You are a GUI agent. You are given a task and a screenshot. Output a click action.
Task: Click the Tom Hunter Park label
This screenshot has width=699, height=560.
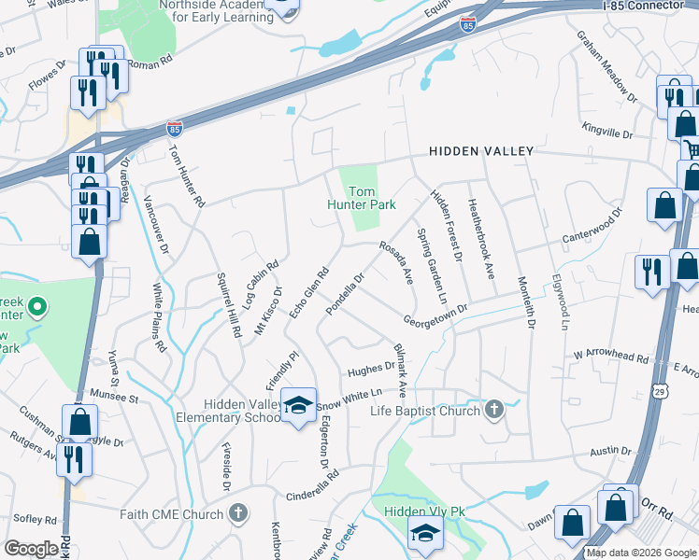coord(362,197)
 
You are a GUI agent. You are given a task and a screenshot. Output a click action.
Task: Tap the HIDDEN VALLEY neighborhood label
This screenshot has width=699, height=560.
coord(481,151)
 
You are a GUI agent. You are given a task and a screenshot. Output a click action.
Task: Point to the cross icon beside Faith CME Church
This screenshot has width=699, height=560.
coord(239,512)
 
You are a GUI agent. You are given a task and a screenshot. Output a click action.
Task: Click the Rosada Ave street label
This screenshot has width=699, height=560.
coord(395,261)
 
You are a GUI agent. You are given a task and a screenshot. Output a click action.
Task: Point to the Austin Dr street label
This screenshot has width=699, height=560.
coord(612,451)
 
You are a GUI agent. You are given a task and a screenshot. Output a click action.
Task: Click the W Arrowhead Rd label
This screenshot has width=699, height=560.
coord(611,356)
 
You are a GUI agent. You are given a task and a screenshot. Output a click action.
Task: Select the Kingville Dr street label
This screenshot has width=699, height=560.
coord(606,133)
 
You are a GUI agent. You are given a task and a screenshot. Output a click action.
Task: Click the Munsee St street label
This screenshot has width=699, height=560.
coord(113,398)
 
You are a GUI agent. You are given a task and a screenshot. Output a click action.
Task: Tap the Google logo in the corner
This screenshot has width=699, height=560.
coord(31,549)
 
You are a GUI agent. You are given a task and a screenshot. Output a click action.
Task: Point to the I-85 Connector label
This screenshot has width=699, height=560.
coord(645,6)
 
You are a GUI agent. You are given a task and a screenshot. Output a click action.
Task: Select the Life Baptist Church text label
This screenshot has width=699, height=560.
coord(425,411)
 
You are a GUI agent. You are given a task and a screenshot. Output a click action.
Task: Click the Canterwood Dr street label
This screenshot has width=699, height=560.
coord(592,227)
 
